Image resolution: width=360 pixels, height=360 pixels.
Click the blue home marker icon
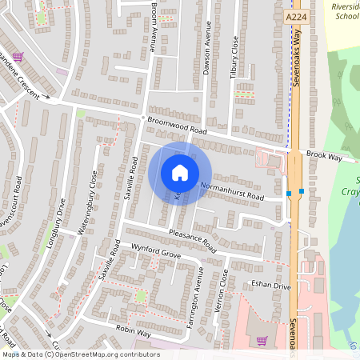[180, 172]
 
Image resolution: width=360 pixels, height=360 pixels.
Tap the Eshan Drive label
[270, 284]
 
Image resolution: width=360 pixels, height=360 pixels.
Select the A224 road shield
[295, 16]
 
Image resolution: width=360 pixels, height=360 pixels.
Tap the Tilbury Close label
[235, 56]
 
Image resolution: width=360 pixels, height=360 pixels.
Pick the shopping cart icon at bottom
[262, 341]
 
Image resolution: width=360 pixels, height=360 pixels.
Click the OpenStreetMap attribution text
[80, 354]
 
